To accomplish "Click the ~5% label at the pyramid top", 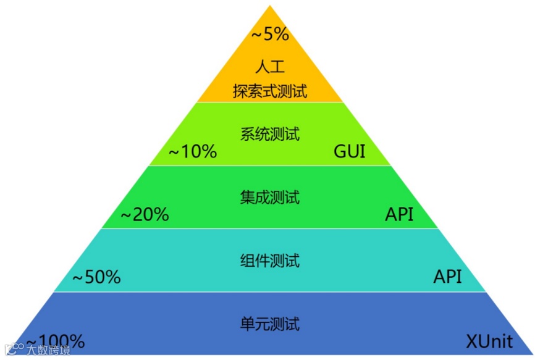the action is tap(270, 34).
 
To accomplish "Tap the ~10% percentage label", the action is tap(193, 151).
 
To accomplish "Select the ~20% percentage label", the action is tap(145, 215).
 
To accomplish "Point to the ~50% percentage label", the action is tap(96, 277).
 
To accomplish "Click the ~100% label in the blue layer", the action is tap(56, 341).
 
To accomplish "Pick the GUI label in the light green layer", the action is tap(349, 151).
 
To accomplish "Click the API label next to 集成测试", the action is tap(399, 215).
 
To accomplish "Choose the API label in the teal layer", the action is tap(447, 277).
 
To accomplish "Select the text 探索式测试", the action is tap(270, 91).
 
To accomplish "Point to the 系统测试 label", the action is tap(269, 133).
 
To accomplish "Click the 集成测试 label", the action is tap(269, 197).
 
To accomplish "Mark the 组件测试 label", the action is tap(269, 261).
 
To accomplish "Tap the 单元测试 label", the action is tap(269, 324).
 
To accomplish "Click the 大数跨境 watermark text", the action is tap(48, 350).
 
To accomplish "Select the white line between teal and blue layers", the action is tap(269, 292).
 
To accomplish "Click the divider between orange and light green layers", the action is tap(269, 103).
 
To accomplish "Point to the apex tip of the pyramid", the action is tap(270, 6).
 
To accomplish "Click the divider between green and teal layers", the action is tap(269, 228).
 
